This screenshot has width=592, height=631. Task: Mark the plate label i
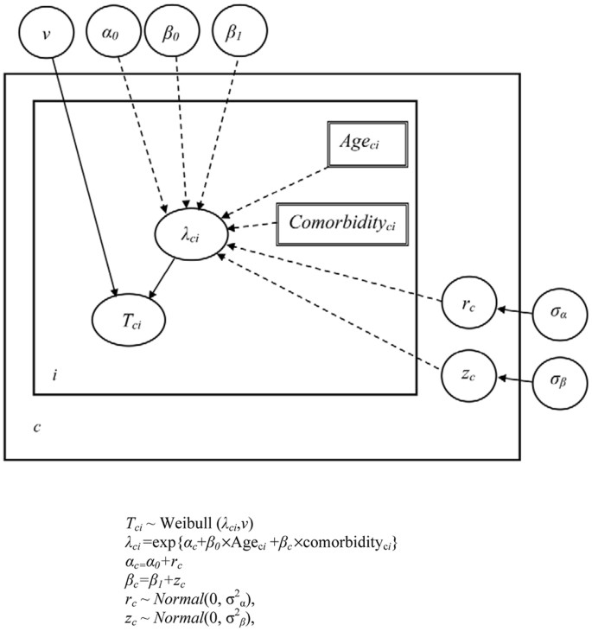[54, 375]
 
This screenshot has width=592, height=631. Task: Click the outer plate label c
[36, 428]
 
